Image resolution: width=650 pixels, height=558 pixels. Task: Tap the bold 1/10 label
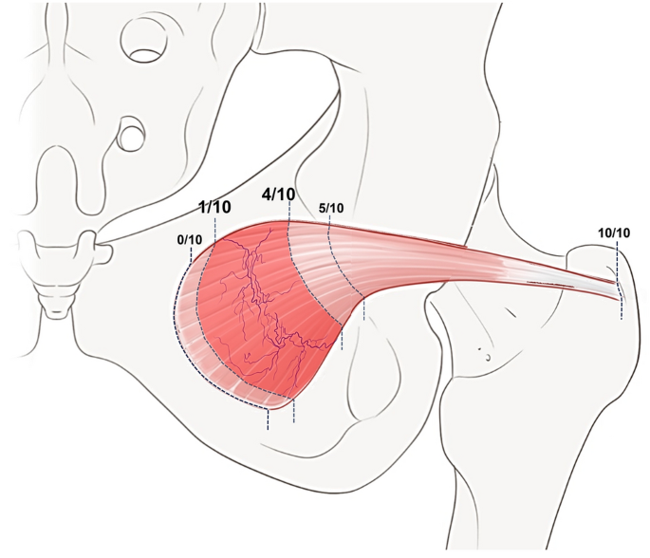coord(214,207)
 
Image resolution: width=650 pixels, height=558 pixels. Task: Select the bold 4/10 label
coord(278,195)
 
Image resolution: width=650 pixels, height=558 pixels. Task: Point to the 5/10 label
coord(330,208)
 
